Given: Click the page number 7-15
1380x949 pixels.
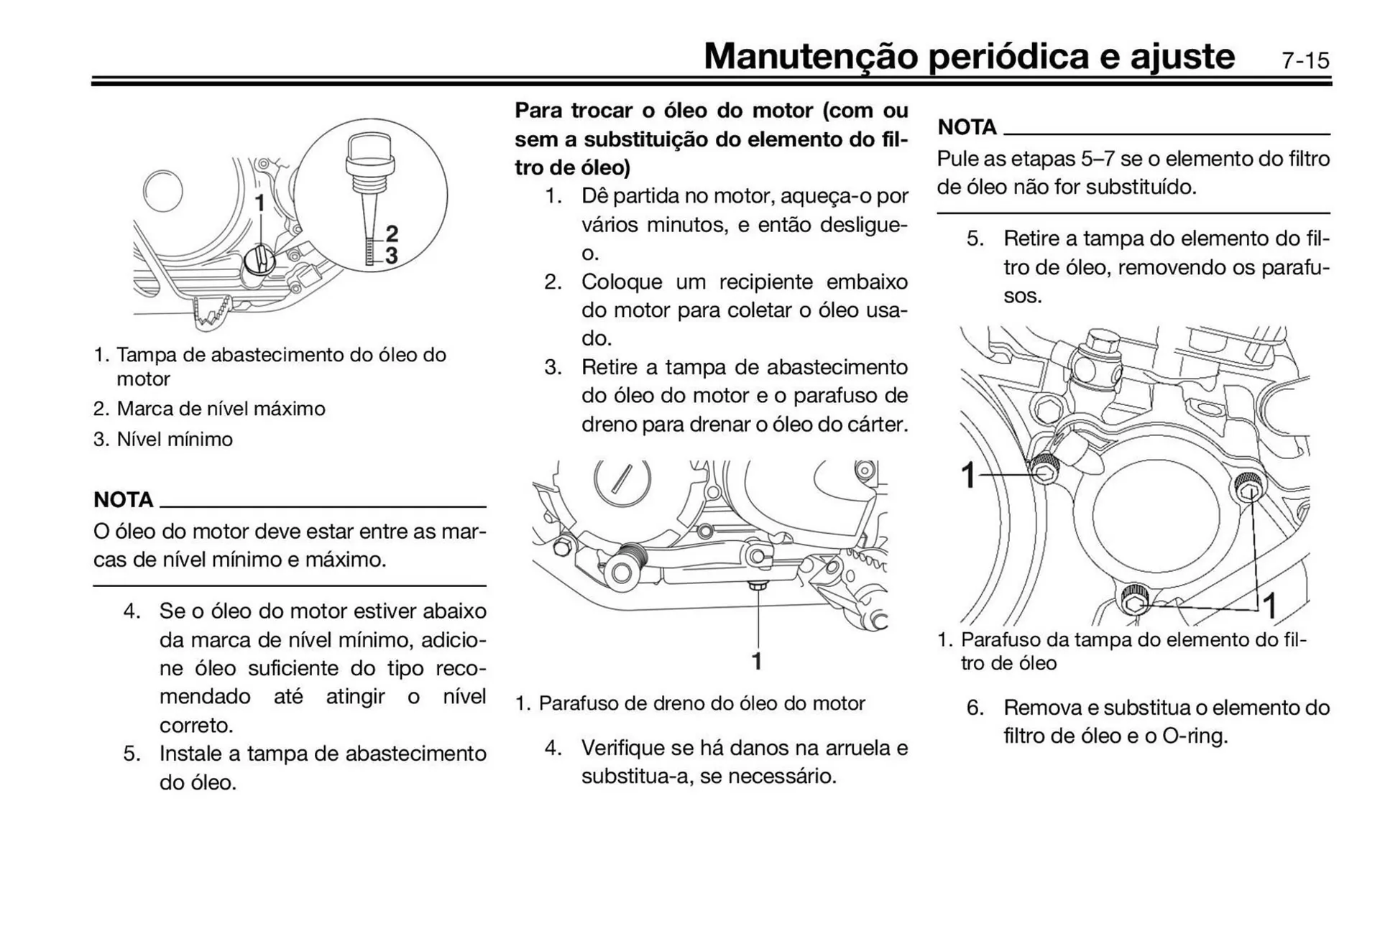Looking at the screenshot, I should coord(1305,60).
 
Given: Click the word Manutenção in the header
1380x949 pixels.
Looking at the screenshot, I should coord(810,56).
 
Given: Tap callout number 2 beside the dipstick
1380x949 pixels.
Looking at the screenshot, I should coord(392,233).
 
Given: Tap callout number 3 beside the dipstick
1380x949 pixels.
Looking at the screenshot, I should coord(392,255).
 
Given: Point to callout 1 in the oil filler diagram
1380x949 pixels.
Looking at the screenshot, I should coord(259,203).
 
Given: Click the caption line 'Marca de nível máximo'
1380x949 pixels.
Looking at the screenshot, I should coord(221,409).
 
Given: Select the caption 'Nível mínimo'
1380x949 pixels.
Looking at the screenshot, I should coord(175,439).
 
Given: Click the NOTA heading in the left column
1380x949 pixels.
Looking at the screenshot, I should coord(123,499).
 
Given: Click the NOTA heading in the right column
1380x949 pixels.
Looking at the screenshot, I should coord(967,127).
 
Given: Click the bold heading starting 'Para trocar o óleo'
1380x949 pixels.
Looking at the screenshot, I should coord(711,139).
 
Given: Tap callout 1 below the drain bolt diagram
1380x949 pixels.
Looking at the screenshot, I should coord(756,661).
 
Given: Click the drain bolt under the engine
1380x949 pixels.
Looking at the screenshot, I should coord(756,586).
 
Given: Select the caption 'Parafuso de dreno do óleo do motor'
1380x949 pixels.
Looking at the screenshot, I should coord(701,703).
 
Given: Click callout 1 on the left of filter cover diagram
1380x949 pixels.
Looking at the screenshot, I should coord(969,475).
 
